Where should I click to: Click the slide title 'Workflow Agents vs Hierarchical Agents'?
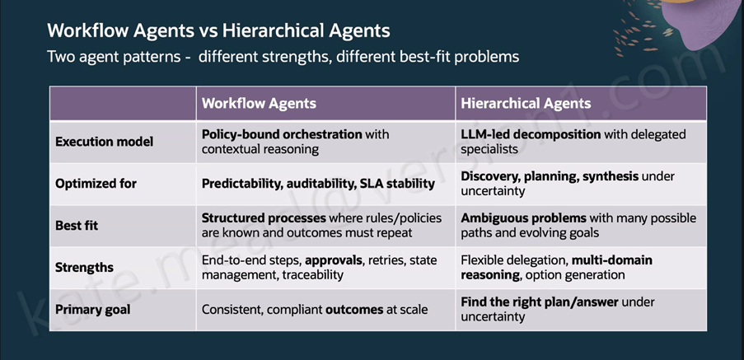218,31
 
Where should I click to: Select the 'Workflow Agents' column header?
259,104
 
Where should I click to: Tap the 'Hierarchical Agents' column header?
526,104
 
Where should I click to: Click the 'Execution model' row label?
105,142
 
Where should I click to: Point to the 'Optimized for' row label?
96,184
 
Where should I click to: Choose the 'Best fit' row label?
77,225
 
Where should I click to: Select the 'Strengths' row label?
85,267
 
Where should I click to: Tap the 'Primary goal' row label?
93,310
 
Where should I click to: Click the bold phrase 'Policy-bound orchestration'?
282,135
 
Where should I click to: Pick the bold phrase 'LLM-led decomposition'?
531,135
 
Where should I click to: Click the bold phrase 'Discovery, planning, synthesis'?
550,176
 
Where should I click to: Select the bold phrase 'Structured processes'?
264,218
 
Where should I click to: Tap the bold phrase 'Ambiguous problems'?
524,218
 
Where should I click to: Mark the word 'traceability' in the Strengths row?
313,275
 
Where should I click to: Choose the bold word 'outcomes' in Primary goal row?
354,310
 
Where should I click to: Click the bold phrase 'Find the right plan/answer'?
540,302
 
